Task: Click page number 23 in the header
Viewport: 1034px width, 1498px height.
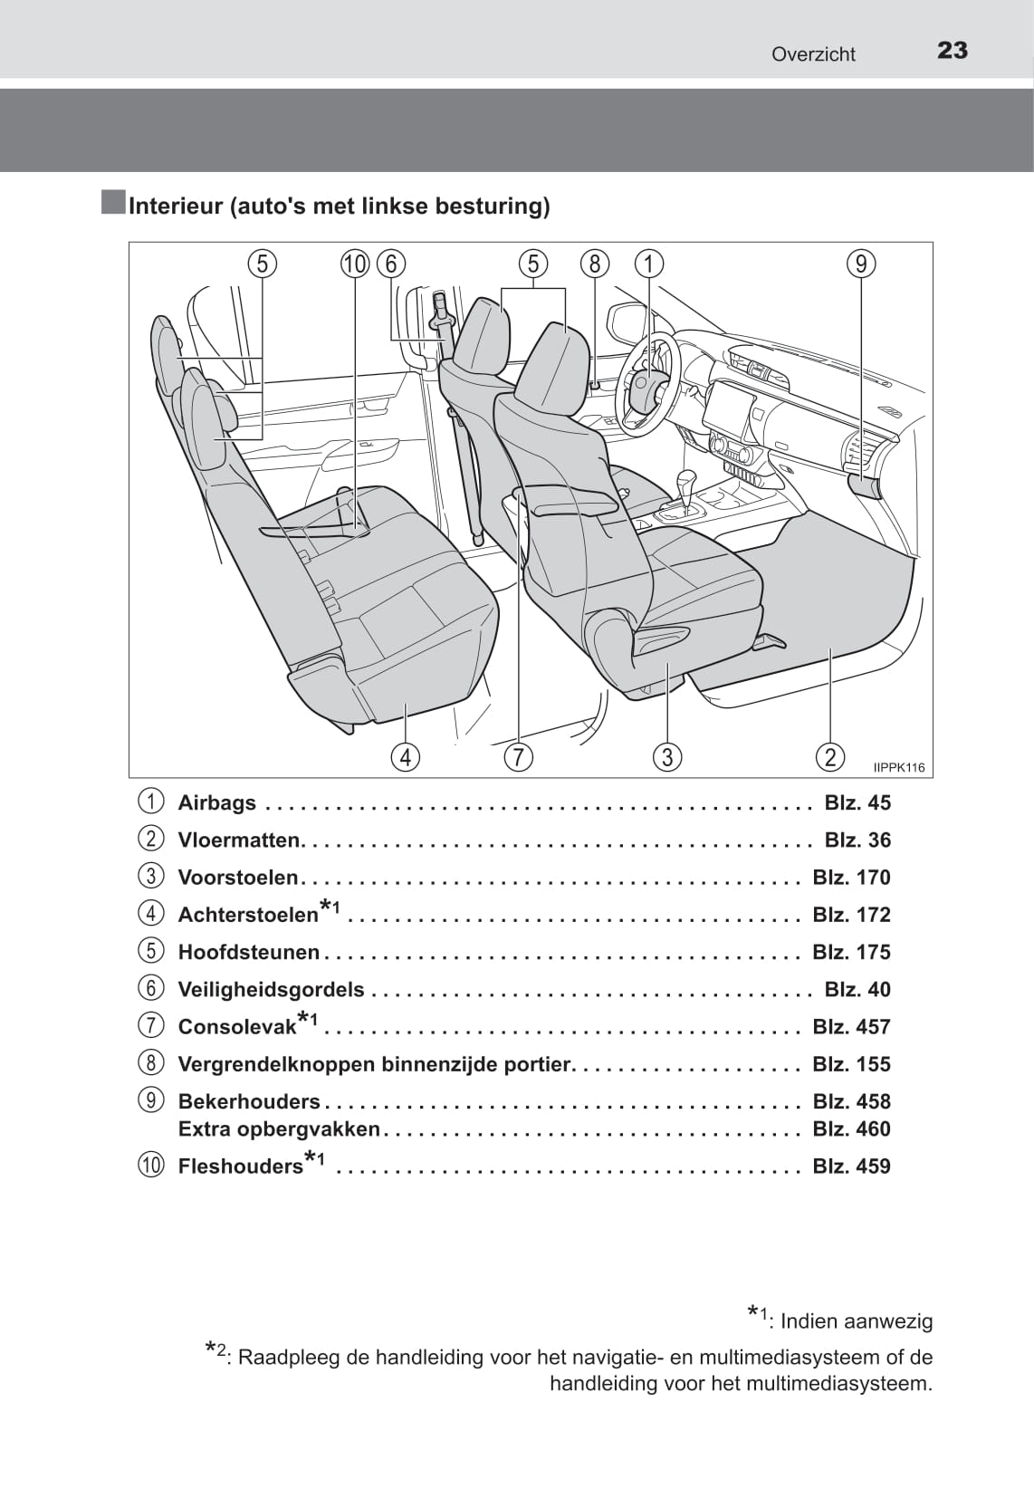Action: point(952,51)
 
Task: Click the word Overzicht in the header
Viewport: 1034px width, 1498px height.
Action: point(812,54)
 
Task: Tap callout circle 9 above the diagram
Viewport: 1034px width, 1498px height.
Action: point(861,264)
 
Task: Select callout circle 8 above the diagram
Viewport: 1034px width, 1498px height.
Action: point(594,264)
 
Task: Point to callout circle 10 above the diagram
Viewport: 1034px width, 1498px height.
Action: point(355,264)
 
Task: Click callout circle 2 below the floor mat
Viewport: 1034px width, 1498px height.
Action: point(829,756)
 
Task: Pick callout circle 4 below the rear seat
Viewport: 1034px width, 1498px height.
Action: point(405,756)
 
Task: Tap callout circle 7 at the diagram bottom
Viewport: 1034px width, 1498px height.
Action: point(518,756)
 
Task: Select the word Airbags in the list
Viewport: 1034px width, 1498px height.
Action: point(217,803)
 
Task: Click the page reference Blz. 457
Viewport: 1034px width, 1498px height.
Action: point(851,1027)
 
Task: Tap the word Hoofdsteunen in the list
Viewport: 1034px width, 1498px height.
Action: point(249,953)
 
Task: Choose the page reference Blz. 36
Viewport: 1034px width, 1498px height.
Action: point(857,840)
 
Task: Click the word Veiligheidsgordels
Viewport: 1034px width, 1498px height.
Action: point(271,990)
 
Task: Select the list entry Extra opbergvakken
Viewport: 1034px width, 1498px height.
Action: point(279,1129)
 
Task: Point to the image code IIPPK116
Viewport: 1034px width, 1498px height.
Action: point(899,768)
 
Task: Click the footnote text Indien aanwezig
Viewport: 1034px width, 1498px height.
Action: point(856,1321)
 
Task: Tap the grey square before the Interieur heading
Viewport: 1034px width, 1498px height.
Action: point(113,203)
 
